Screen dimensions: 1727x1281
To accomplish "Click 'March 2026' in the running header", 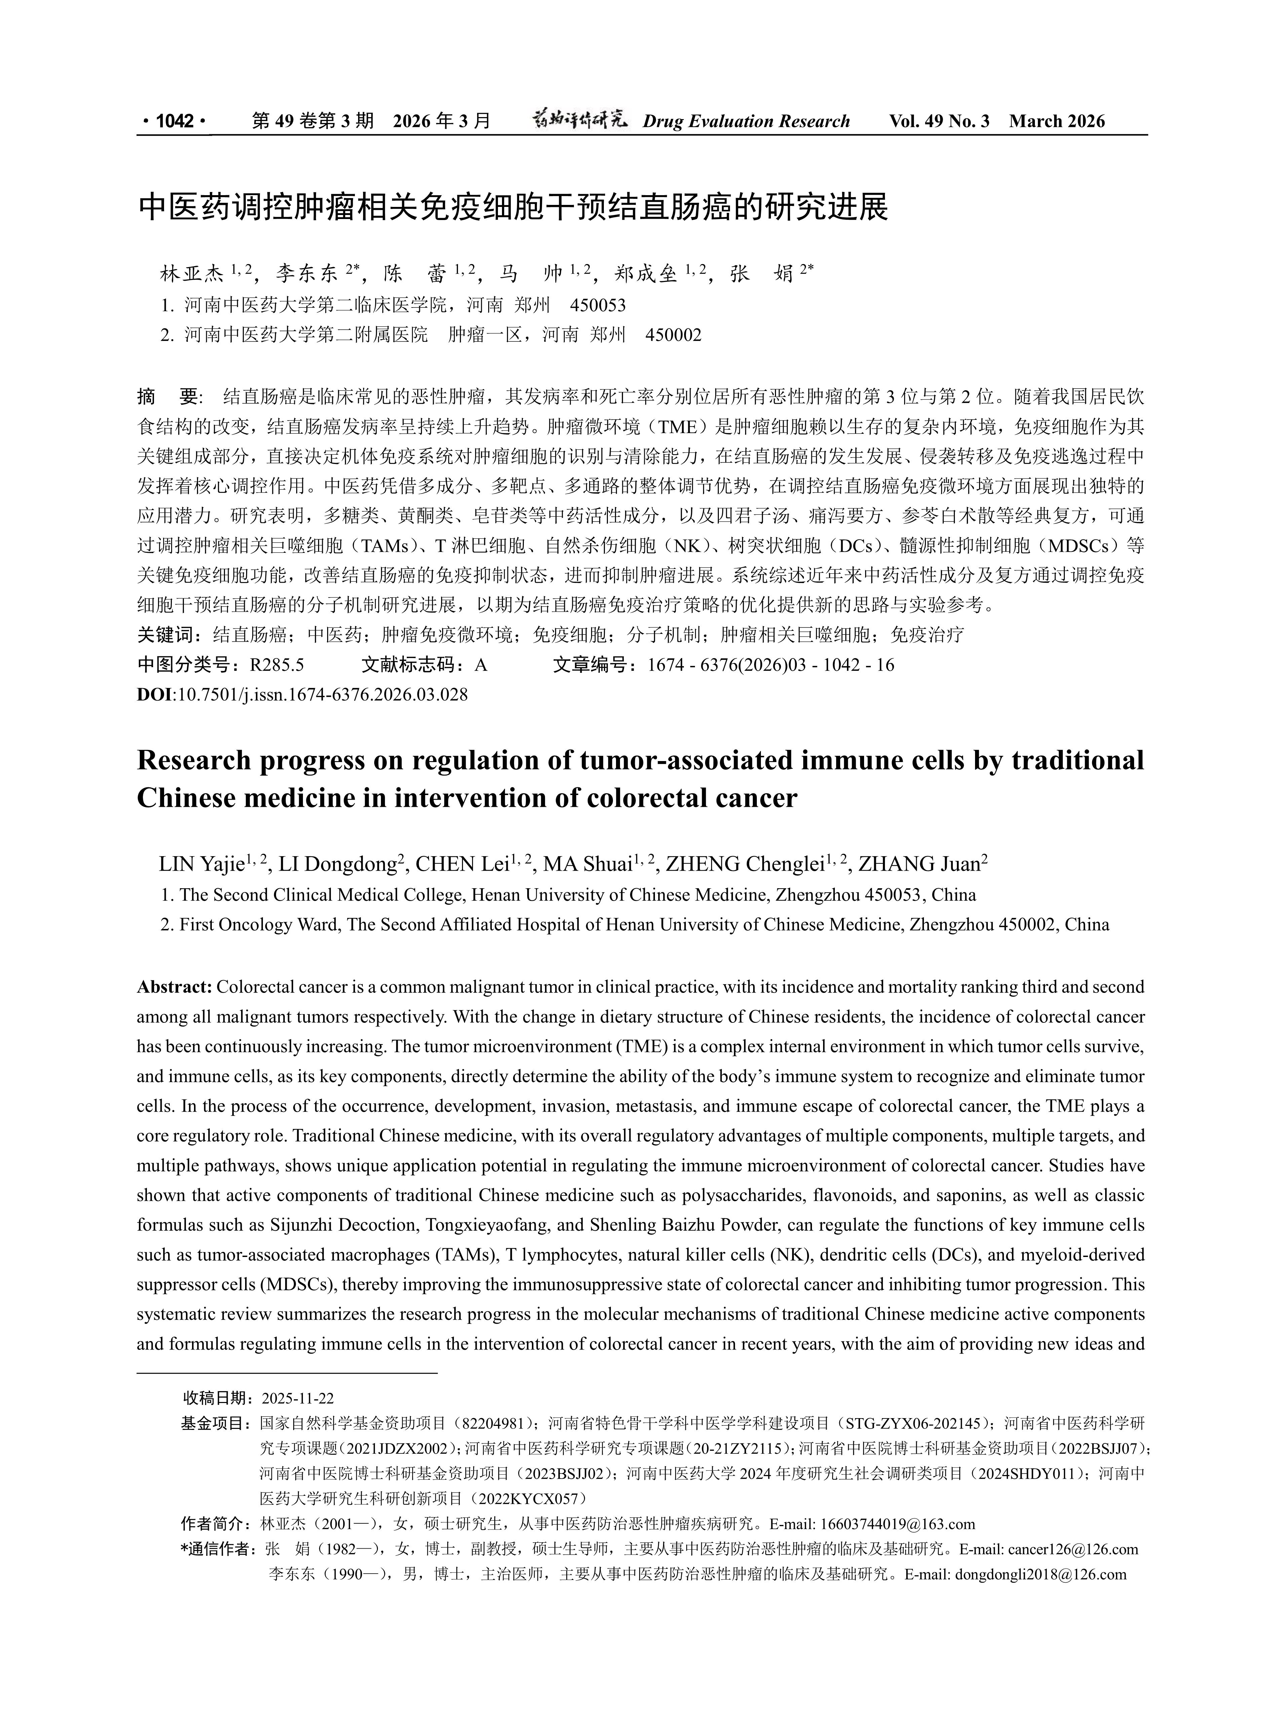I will pos(1057,121).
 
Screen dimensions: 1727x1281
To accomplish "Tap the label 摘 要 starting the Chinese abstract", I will pos(168,397).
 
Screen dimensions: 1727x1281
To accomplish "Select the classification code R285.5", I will pos(277,665).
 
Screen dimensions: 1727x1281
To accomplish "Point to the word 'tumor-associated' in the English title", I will pos(686,760).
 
